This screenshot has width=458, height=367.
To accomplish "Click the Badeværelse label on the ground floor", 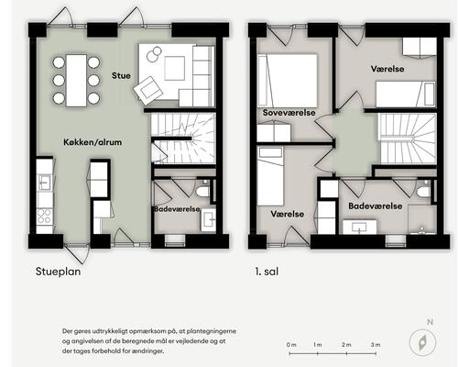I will point(177,208).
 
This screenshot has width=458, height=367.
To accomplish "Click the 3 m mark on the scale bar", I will point(376,345).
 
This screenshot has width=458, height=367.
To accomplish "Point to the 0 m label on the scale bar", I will point(291,345).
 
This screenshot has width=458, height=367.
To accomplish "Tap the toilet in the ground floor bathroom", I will point(203,191).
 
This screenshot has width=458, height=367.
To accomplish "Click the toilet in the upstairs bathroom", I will point(422,191).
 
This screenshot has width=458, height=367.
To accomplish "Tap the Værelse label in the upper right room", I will point(389,68).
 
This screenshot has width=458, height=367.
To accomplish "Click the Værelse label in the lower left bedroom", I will point(288,213).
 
